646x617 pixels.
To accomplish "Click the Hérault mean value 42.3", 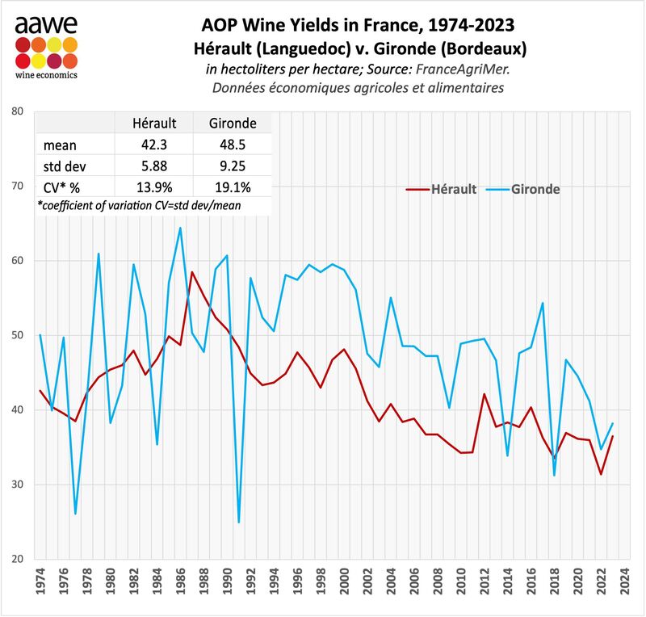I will tap(153, 146).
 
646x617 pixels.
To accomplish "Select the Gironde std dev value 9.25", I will tap(233, 167).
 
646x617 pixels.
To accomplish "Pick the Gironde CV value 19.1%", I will tap(233, 188).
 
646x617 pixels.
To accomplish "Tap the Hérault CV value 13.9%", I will tap(153, 188).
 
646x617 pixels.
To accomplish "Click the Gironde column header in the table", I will tap(233, 124).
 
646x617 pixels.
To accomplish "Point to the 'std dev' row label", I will tap(64, 167).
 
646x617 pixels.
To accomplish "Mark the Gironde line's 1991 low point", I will tap(239, 523).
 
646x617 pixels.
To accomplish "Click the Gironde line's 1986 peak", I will tap(180, 228).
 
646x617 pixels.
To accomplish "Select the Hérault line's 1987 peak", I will tap(191, 272).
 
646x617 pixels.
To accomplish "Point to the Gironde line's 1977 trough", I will tap(75, 514).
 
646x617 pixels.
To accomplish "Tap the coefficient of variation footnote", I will tap(141, 207).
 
